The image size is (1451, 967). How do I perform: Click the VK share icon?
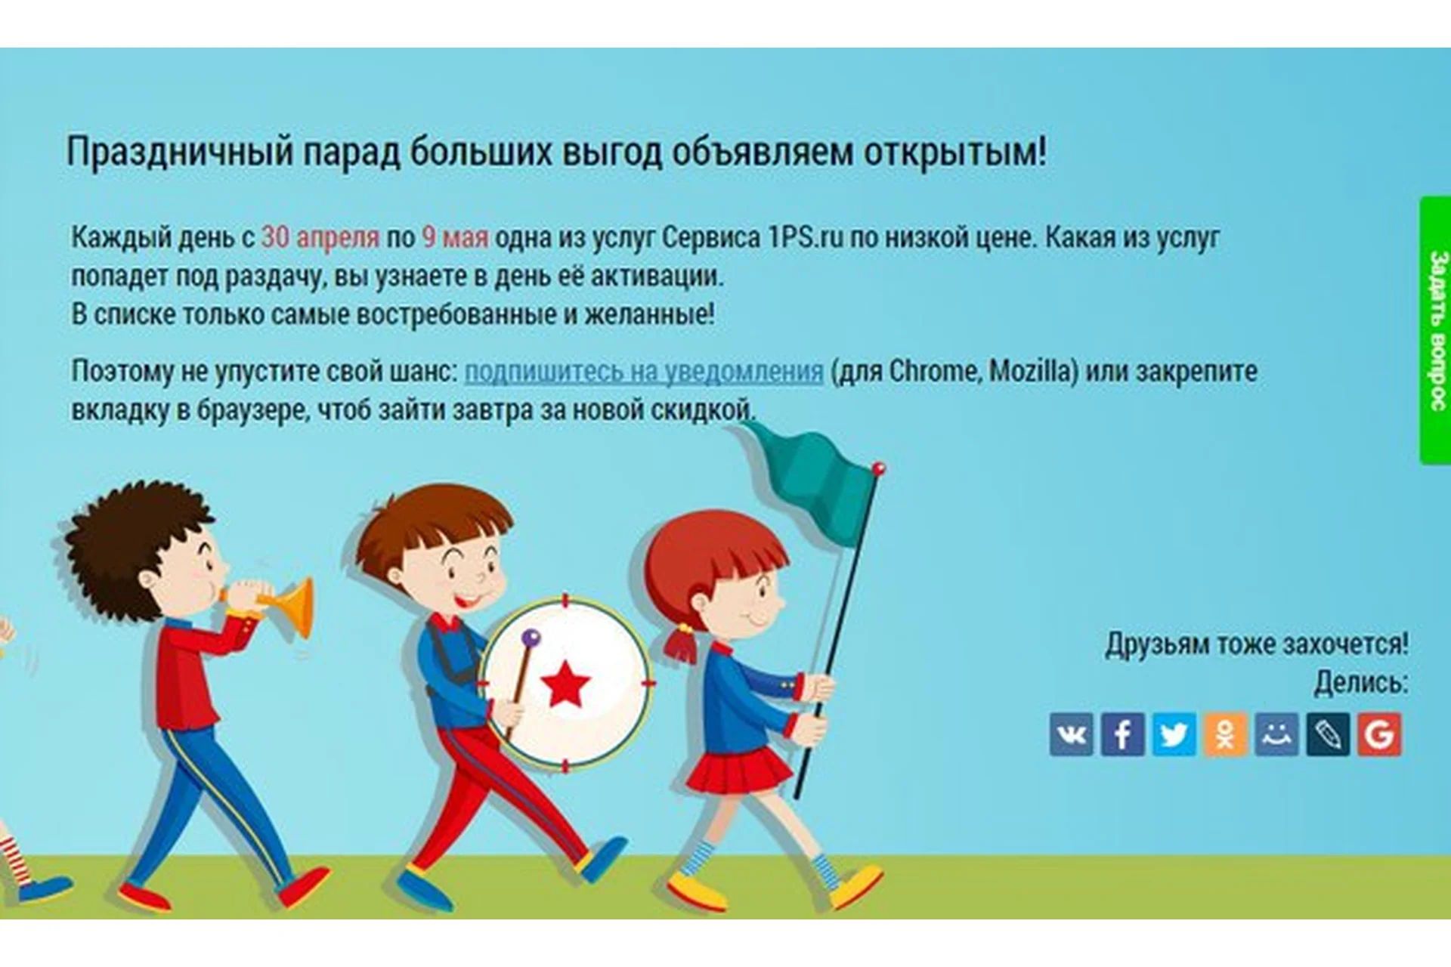[x=1071, y=734]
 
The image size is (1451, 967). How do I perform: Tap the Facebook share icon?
[x=1122, y=734]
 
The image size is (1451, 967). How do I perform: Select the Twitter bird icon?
[x=1174, y=734]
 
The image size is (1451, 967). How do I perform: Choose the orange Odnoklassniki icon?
[x=1225, y=734]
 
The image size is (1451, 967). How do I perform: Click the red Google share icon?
[x=1379, y=734]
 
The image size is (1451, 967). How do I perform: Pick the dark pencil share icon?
[x=1328, y=734]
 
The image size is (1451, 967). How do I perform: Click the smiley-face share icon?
[x=1276, y=734]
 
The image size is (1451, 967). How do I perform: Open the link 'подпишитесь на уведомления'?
[x=644, y=372]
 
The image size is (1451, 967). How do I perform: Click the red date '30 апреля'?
[x=320, y=237]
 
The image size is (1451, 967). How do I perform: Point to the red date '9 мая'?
[x=455, y=237]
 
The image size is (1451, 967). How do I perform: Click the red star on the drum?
[x=565, y=684]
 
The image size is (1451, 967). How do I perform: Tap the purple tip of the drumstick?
[x=531, y=638]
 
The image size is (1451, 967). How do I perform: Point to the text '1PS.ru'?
[x=805, y=237]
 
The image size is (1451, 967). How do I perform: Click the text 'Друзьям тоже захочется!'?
[x=1257, y=644]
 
